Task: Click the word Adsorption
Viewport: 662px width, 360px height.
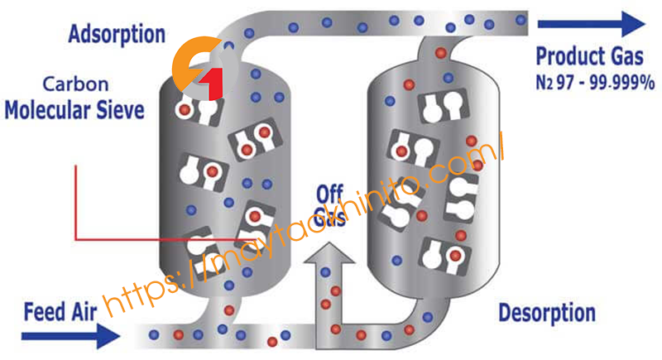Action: coord(117,35)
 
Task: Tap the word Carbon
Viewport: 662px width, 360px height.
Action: coord(75,84)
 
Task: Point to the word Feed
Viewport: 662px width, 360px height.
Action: coord(45,312)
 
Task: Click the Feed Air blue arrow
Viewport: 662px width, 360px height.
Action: coord(70,336)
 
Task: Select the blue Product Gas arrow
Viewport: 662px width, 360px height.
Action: coord(592,24)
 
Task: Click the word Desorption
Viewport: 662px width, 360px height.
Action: coord(547,313)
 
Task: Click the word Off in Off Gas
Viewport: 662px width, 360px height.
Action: coord(329,194)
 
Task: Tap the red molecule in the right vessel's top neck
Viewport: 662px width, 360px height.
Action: coord(441,53)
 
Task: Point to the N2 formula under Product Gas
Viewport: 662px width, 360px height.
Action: coord(544,82)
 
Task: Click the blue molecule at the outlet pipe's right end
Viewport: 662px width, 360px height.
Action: coord(521,19)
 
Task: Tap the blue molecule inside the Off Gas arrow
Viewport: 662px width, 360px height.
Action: coord(325,272)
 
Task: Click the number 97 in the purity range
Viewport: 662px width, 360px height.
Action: coord(565,82)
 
